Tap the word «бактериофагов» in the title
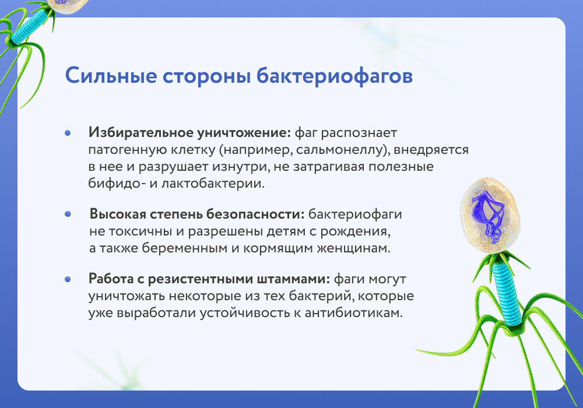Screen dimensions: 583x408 pos(335,76)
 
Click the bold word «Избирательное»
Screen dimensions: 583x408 pos(141,133)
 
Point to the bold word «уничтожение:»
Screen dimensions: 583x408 pos(244,133)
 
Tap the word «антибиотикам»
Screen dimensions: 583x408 pos(353,313)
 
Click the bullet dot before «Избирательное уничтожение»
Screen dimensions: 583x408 pos(68,133)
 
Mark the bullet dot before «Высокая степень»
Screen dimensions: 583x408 pos(68,214)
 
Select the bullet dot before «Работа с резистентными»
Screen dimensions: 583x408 pos(68,279)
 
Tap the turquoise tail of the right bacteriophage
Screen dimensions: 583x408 pos(507,293)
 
